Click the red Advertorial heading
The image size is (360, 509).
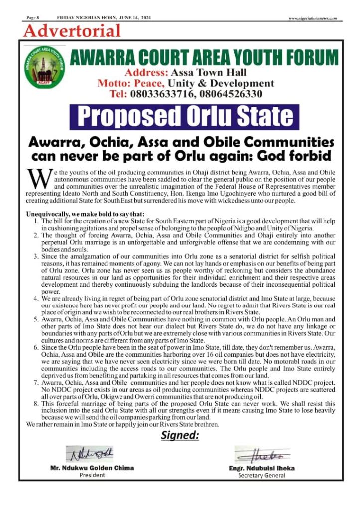coord(72,31)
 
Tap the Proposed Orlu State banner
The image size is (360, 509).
coord(185,116)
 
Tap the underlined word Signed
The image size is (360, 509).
coord(180,436)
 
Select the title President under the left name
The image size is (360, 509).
coord(92,475)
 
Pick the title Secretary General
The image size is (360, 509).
coord(261,475)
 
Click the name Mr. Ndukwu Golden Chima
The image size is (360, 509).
coord(92,468)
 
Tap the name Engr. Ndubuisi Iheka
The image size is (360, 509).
coord(261,468)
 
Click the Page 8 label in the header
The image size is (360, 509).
coord(33,18)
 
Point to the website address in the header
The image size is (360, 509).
coord(313,18)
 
